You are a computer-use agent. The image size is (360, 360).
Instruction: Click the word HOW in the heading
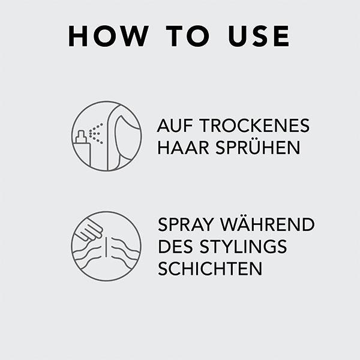pyautogui.click(x=109, y=36)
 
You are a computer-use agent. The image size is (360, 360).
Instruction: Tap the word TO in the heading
pyautogui.click(x=188, y=36)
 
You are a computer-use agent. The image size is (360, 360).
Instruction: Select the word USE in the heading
pyautogui.click(x=259, y=36)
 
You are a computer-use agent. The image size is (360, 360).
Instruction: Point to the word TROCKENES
pyautogui.click(x=254, y=125)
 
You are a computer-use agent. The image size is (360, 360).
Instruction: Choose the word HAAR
pyautogui.click(x=183, y=148)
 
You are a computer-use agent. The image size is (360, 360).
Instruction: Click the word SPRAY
pyautogui.click(x=186, y=224)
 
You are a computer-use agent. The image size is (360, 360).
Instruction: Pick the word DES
pyautogui.click(x=175, y=247)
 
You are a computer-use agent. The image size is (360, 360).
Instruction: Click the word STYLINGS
pyautogui.click(x=243, y=247)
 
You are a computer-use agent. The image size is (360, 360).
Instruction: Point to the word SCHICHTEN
pyautogui.click(x=210, y=269)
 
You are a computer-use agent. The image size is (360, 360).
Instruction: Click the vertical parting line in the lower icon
pyautogui.click(x=106, y=247)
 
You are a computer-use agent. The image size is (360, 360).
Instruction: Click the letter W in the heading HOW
pyautogui.click(x=133, y=36)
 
